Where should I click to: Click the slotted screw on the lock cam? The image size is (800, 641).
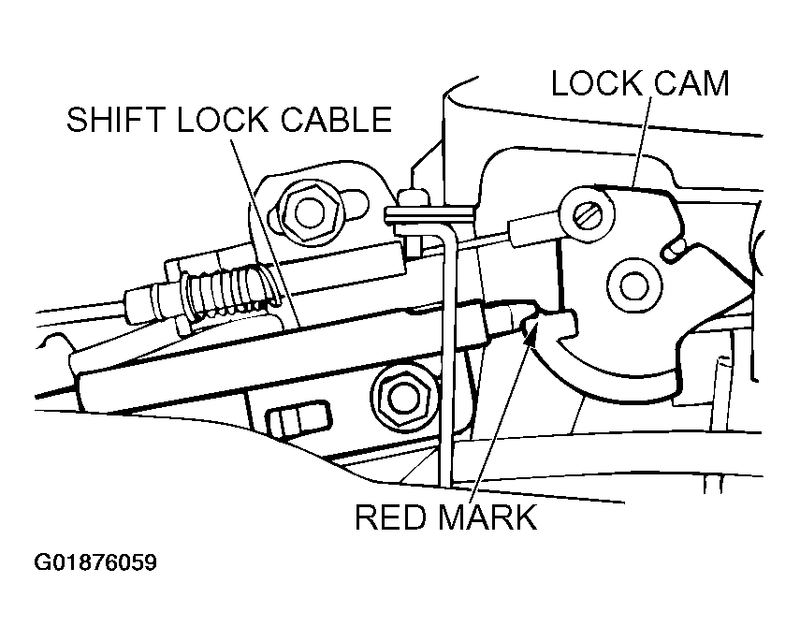(586, 214)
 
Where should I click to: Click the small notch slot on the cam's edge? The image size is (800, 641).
(673, 249)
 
